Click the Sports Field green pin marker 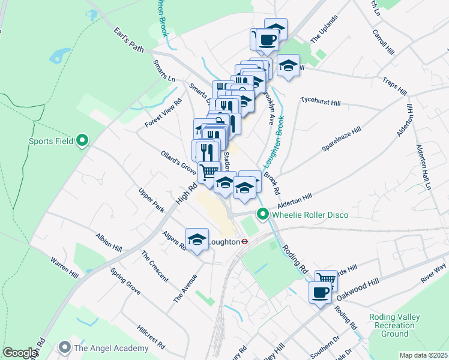pos(83,142)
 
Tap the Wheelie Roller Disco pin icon pos(262,214)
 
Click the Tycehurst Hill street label pos(321,103)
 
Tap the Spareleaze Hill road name pos(341,139)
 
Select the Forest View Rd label pos(163,113)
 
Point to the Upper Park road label pos(151,200)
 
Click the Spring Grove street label pos(125,280)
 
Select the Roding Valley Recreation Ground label pos(390,325)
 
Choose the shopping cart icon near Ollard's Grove pos(209,172)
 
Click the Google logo pos(19,353)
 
